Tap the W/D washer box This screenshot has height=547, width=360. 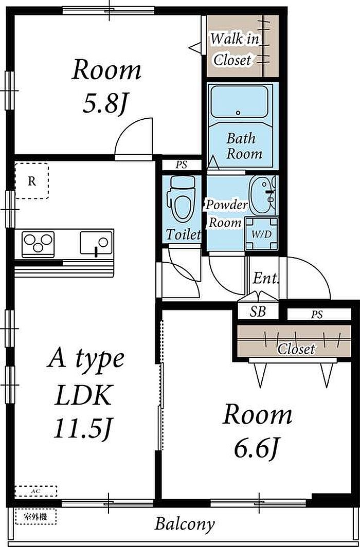coord(262,233)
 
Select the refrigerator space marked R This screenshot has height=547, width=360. coord(32,181)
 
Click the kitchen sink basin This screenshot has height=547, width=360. coord(96,243)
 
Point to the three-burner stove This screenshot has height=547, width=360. coord(38,243)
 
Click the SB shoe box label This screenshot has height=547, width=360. coord(258,312)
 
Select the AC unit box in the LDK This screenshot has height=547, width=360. coord(36,491)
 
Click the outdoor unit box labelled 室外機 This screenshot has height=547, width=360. coord(36,517)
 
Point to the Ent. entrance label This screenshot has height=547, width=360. coord(266,279)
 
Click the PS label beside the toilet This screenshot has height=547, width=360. coord(182,165)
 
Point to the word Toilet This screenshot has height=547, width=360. coord(183,234)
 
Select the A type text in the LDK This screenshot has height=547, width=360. coord(86,360)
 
